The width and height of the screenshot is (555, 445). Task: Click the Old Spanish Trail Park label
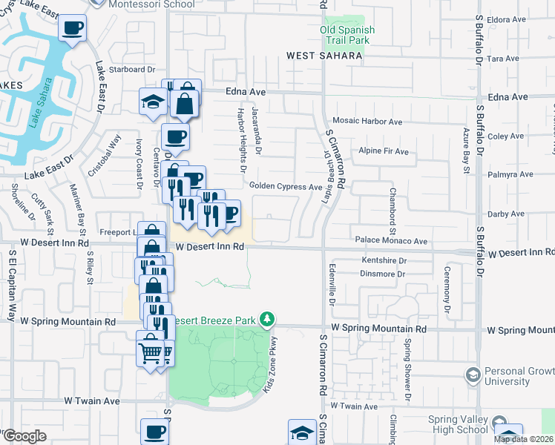point(347,36)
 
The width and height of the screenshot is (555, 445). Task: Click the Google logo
point(24,436)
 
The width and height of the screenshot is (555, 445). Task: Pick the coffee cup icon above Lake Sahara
point(72,29)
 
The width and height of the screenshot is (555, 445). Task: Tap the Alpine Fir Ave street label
point(384,151)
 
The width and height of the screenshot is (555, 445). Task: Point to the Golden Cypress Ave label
point(285,186)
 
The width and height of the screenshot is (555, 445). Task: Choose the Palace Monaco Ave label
point(391,241)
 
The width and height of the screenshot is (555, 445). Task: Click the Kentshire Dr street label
point(384,260)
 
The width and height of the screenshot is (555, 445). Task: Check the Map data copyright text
point(524,439)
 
